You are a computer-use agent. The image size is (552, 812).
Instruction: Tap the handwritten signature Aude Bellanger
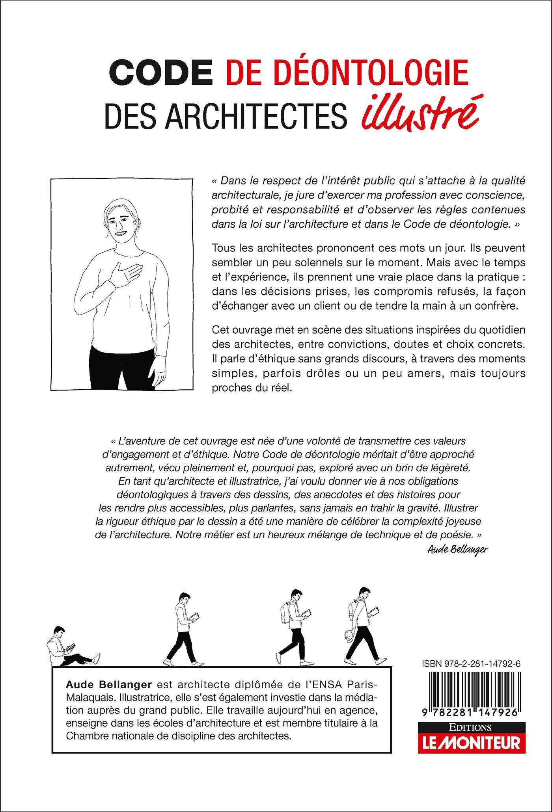pos(457,550)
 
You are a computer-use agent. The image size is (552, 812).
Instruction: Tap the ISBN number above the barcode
pos(470,664)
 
